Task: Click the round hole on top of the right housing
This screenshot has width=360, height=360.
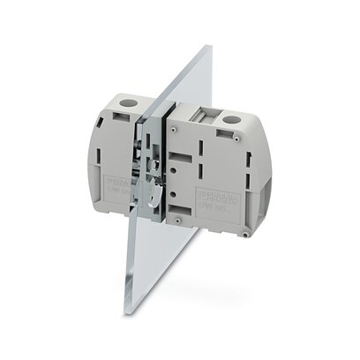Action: [233, 118]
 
